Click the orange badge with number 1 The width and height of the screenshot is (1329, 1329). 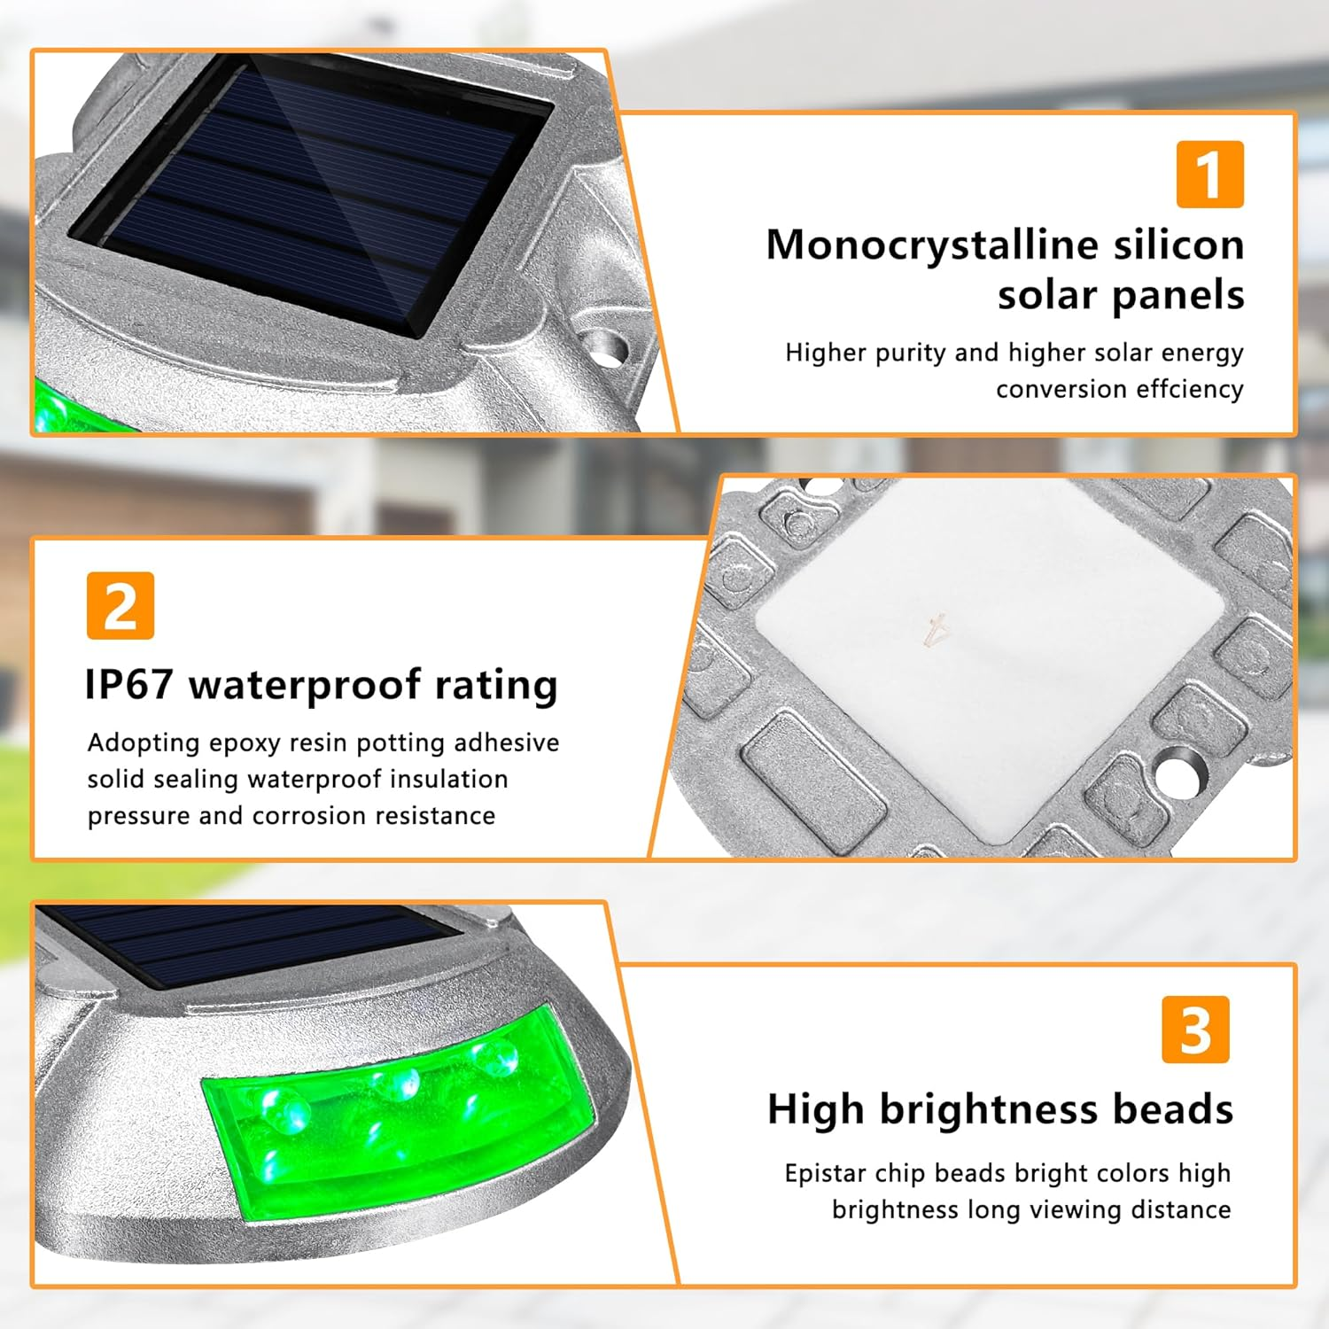click(x=1210, y=175)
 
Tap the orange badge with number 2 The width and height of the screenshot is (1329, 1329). click(x=120, y=606)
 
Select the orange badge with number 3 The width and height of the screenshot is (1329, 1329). click(x=1196, y=1030)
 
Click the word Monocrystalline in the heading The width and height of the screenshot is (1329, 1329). click(x=931, y=246)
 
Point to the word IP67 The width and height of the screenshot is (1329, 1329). click(x=129, y=685)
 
